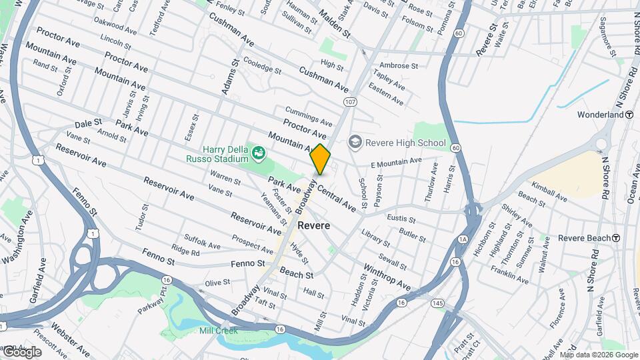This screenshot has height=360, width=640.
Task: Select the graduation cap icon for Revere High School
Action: (355, 142)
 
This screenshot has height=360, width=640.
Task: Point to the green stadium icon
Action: (257, 154)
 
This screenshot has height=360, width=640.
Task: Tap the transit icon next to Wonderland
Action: (629, 115)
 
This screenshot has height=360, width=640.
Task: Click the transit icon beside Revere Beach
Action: (616, 238)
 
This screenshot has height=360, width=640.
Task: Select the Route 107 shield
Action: (350, 101)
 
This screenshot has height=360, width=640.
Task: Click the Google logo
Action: (22, 351)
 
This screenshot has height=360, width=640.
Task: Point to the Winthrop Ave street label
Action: (387, 277)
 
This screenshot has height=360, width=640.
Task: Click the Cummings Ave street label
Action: (308, 117)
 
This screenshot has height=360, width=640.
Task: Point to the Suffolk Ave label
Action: (203, 241)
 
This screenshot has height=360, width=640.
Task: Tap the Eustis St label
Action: (401, 219)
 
